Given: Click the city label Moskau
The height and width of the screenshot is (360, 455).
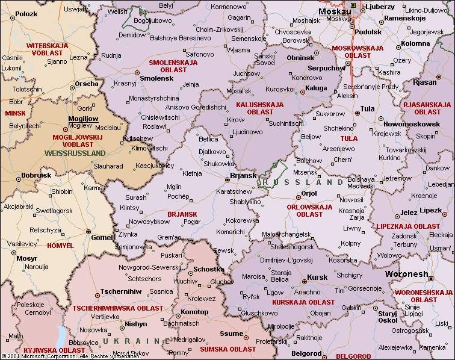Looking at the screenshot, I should click(x=335, y=11).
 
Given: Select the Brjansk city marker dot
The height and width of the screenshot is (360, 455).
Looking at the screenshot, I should click(x=226, y=178).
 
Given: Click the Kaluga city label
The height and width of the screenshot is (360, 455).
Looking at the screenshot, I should click(x=317, y=88).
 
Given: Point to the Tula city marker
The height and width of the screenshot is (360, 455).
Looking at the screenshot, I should click(x=354, y=109).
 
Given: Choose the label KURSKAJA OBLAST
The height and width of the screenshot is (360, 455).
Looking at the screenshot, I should click(x=303, y=302).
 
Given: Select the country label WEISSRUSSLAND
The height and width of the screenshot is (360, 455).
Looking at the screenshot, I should click(x=75, y=153).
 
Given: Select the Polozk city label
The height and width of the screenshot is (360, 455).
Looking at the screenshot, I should click(x=26, y=13).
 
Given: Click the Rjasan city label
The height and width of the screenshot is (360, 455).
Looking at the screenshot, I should click(x=425, y=82).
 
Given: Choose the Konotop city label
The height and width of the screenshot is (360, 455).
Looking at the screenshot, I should click(x=195, y=312).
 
